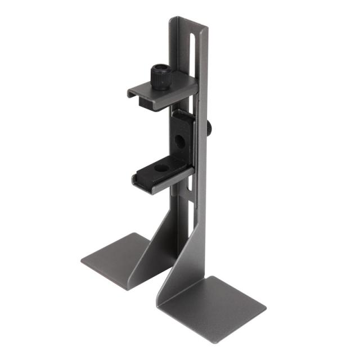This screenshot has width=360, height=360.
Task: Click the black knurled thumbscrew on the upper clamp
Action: [x=161, y=78]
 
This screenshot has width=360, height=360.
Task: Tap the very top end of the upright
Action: [x=189, y=21]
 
